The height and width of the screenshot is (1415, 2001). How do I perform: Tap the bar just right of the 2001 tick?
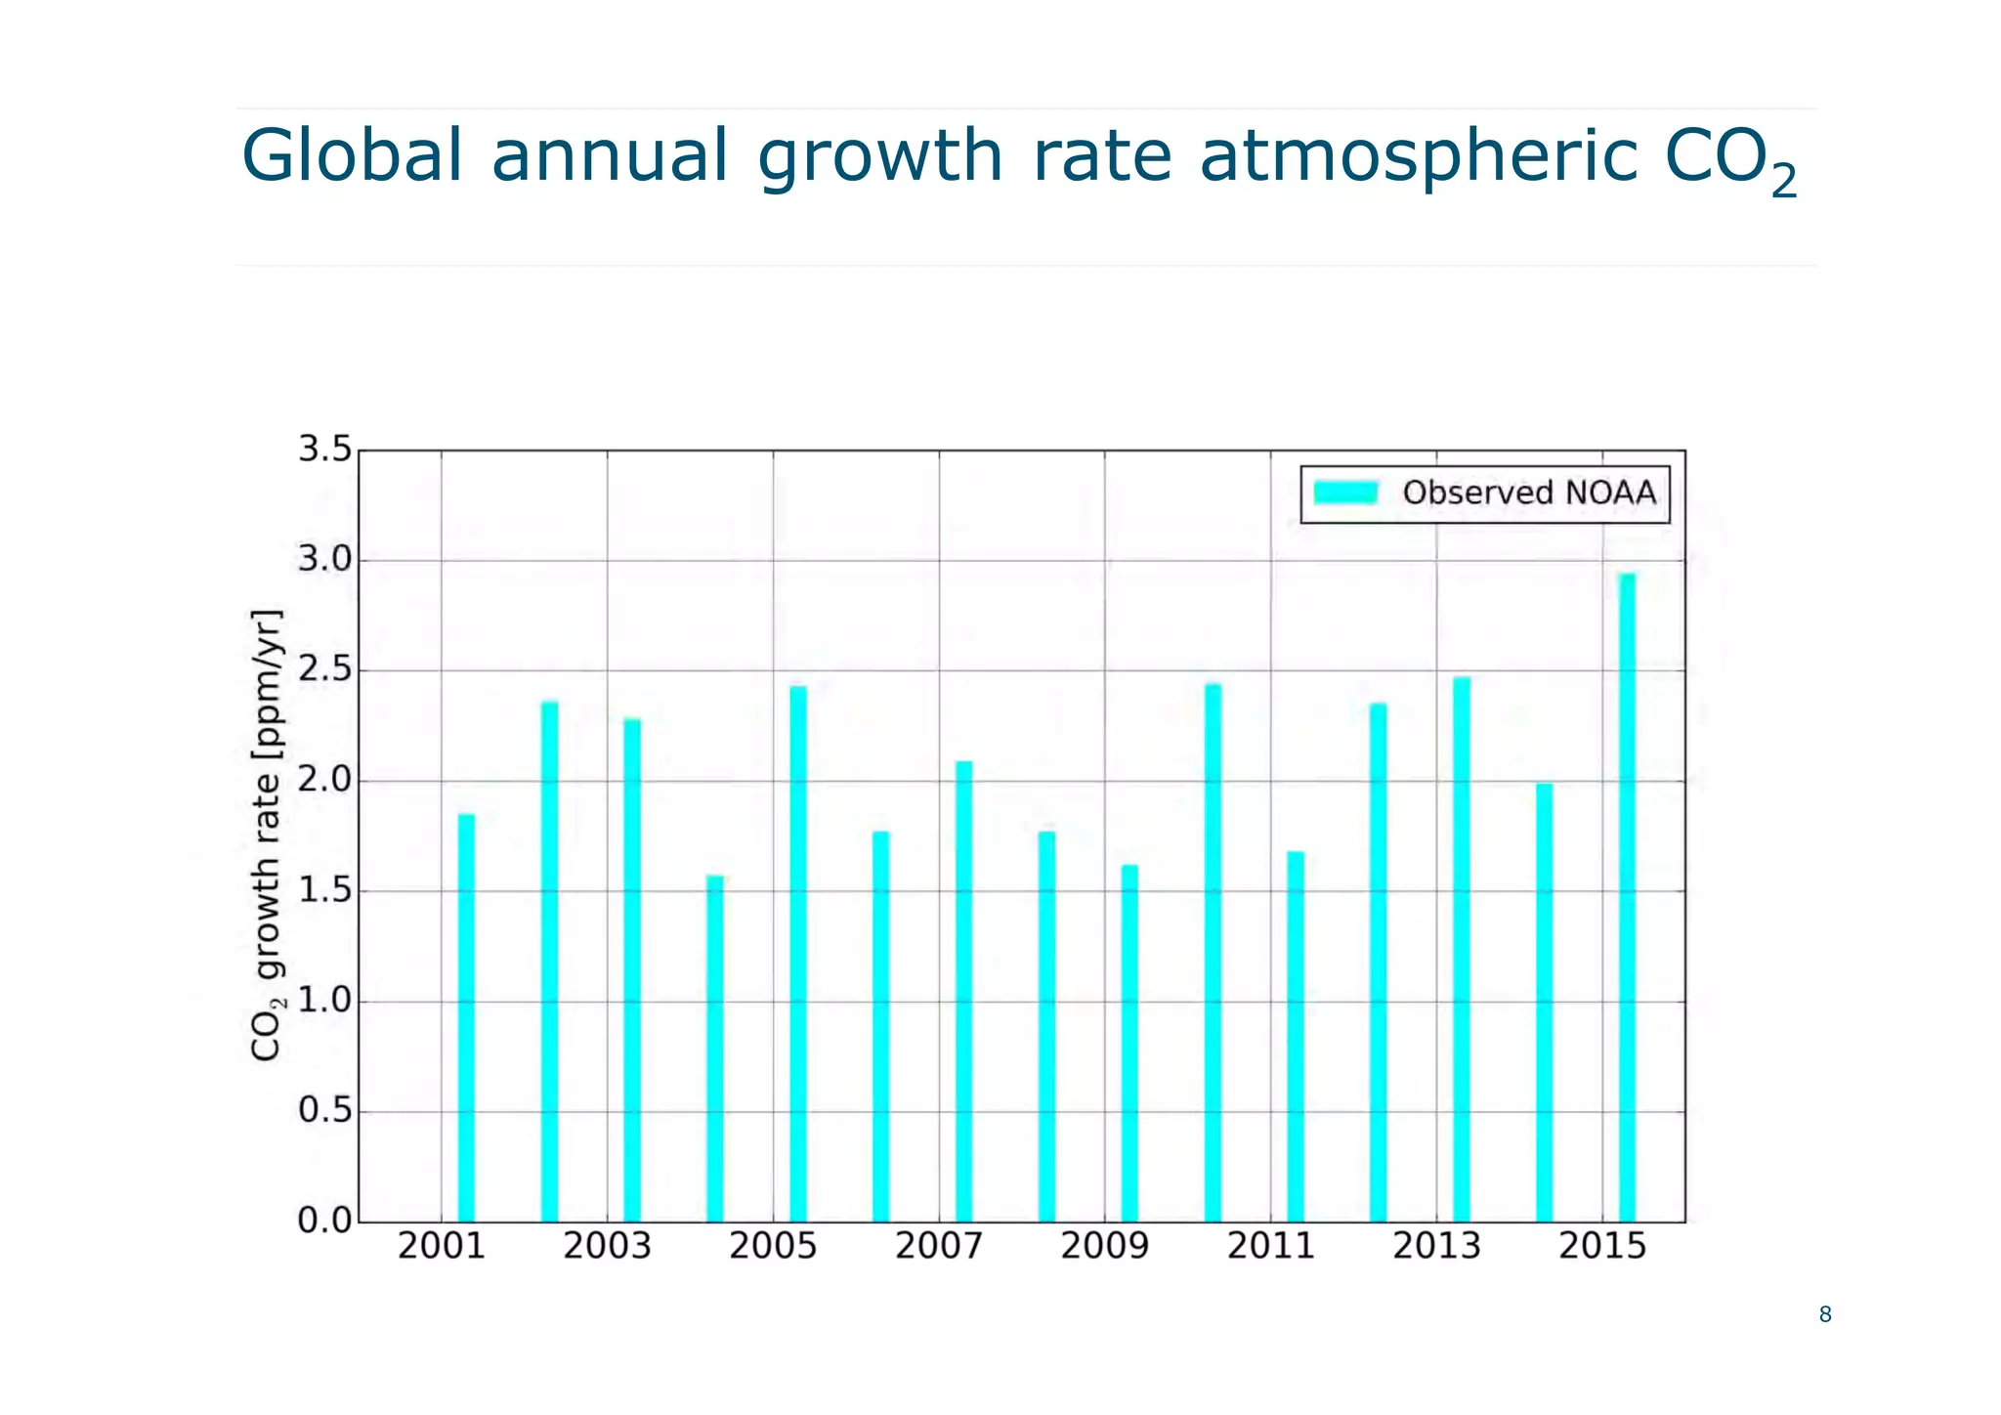466,1017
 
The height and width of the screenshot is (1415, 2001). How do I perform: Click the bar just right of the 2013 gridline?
1462,949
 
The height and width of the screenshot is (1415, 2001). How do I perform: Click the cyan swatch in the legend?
1345,493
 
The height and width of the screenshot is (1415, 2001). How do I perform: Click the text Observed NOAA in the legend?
1529,493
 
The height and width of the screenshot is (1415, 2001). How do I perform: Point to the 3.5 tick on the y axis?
324,450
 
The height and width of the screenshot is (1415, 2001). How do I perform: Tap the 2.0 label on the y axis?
324,780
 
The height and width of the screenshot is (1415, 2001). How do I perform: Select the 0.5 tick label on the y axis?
324,1110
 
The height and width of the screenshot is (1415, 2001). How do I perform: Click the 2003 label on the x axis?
607,1246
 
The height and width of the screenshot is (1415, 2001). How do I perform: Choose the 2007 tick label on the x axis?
939,1246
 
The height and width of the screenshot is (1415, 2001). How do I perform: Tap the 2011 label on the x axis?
1270,1246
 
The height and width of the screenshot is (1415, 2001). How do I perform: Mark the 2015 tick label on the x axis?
1602,1246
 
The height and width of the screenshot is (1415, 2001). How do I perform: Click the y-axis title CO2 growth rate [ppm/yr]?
266,835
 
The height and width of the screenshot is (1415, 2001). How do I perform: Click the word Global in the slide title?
352,155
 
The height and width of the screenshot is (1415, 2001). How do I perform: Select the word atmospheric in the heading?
1419,157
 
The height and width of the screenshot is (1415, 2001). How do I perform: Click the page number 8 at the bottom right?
1824,1314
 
